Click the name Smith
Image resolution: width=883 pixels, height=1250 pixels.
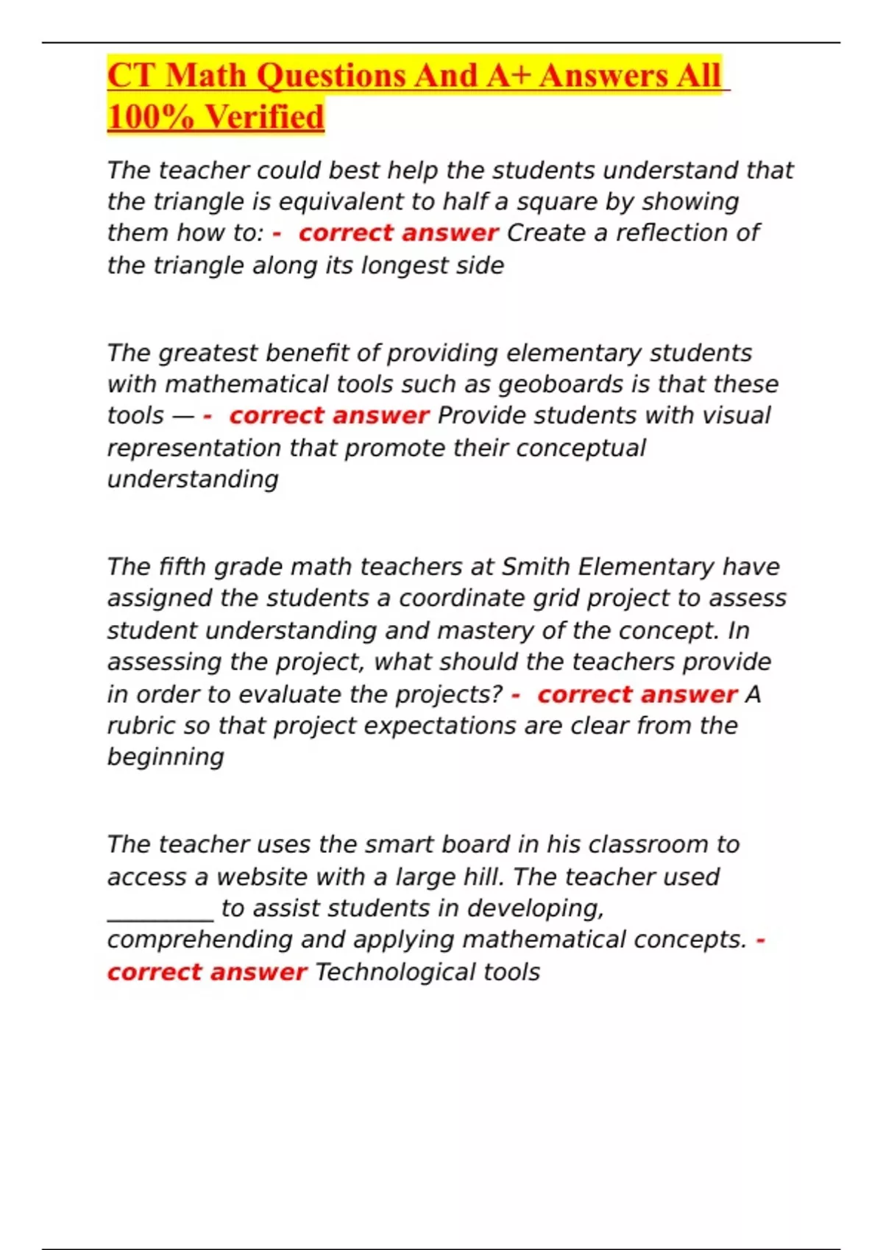click(x=536, y=567)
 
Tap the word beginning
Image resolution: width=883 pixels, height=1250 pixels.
click(x=166, y=757)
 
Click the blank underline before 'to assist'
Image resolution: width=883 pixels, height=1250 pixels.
click(x=160, y=917)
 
